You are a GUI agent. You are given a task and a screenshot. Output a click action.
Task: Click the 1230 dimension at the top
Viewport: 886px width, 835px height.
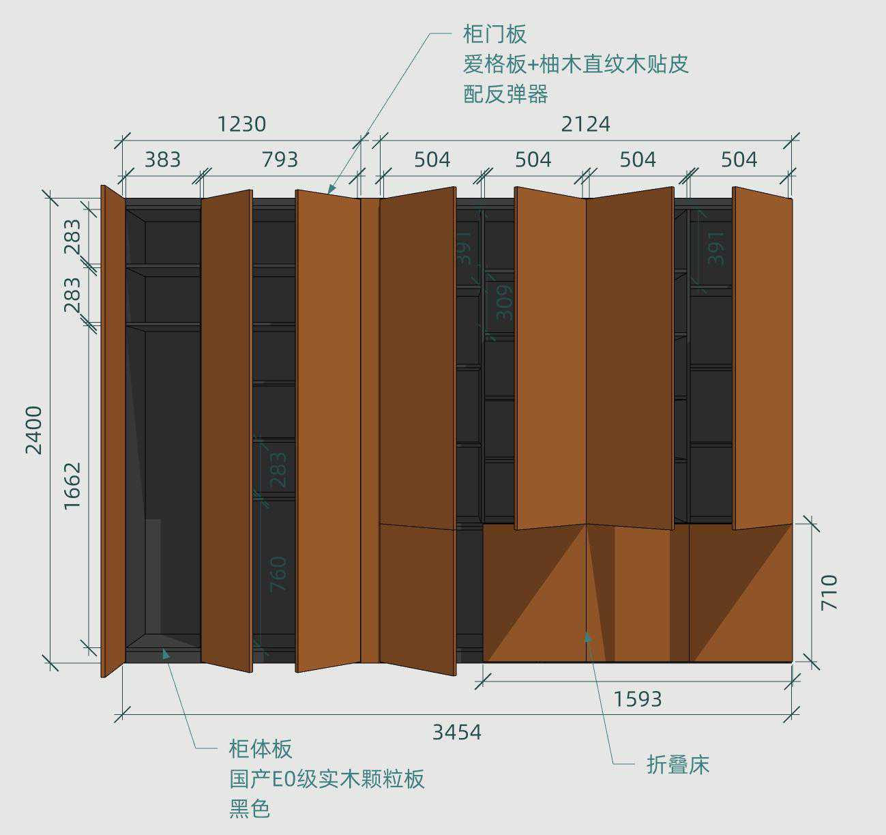pyautogui.click(x=241, y=124)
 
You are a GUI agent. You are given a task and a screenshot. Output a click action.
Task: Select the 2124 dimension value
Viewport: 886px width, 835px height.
pyautogui.click(x=585, y=124)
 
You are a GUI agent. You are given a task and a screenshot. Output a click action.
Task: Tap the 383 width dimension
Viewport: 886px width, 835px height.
pyautogui.click(x=162, y=160)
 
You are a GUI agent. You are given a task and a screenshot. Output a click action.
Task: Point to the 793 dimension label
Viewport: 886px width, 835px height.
pyautogui.click(x=280, y=160)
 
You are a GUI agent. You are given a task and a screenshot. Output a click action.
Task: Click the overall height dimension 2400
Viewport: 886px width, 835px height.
pyautogui.click(x=33, y=430)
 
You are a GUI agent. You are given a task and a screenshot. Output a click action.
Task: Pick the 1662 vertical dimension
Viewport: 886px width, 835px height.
pyautogui.click(x=72, y=485)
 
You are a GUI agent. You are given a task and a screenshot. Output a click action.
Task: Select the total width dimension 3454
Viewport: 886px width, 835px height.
pyautogui.click(x=456, y=732)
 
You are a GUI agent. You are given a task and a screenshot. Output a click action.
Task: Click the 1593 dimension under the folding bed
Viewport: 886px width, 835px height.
pyautogui.click(x=637, y=699)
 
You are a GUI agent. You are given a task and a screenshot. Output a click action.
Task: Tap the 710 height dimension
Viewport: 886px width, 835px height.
pyautogui.click(x=829, y=592)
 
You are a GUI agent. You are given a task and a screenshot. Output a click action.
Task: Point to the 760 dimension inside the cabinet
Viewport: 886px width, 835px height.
pyautogui.click(x=278, y=574)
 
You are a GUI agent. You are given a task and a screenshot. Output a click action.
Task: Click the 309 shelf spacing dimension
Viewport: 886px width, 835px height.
pyautogui.click(x=503, y=303)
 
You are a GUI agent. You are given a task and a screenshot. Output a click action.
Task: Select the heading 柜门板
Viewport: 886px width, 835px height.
pyautogui.click(x=494, y=34)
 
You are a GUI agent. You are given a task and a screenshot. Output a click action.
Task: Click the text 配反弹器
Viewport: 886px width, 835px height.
pyautogui.click(x=505, y=94)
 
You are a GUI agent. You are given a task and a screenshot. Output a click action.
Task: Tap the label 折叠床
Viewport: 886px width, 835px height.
pyautogui.click(x=677, y=765)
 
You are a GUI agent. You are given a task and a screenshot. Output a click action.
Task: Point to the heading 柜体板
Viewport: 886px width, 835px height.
pyautogui.click(x=260, y=749)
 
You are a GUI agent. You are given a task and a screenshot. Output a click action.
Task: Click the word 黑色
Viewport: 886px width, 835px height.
pyautogui.click(x=250, y=809)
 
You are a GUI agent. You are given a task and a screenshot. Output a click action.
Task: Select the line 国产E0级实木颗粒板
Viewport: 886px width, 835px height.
pyautogui.click(x=327, y=779)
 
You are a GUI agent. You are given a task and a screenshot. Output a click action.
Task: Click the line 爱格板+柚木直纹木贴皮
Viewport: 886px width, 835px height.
pyautogui.click(x=576, y=64)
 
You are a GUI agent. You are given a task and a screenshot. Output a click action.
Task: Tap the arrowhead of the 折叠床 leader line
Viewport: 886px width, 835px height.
pyautogui.click(x=587, y=636)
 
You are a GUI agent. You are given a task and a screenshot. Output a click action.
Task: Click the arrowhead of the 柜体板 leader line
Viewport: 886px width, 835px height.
pyautogui.click(x=164, y=653)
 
